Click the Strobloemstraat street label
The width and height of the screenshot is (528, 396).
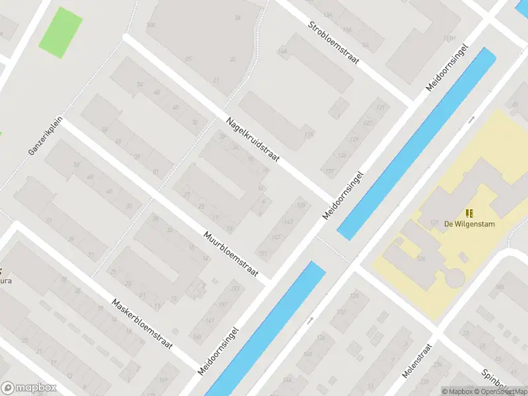point(333,44)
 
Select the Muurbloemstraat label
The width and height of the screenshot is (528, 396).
point(230,254)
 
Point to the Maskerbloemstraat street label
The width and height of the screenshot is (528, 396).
point(142,323)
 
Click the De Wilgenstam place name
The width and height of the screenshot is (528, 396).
point(469,224)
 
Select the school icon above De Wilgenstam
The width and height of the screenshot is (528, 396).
point(469,213)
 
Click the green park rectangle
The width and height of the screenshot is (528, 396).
point(61,32)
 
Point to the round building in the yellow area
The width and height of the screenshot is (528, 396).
point(455,277)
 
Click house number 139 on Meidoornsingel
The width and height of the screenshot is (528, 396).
point(302,207)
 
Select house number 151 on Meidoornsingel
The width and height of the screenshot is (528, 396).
point(263,254)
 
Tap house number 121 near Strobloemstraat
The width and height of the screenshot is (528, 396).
point(379,108)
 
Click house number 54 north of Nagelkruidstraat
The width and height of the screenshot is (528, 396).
point(139,84)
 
